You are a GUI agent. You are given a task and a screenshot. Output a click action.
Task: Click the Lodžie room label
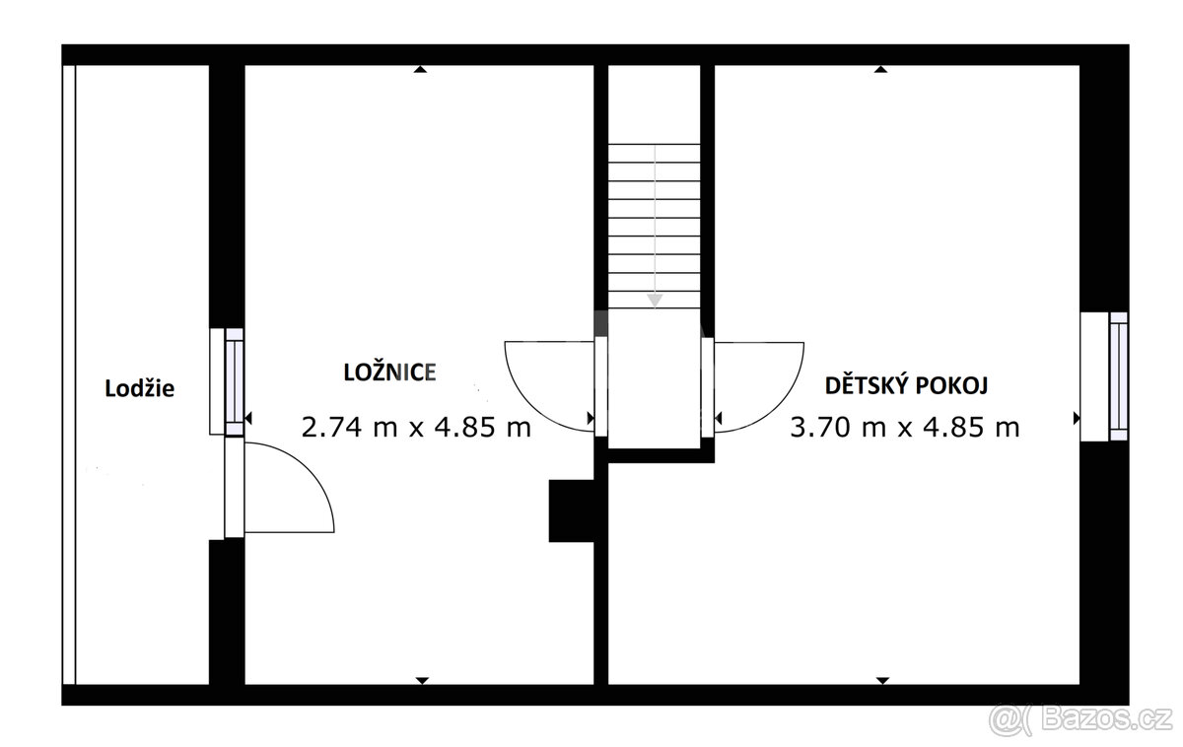tap(140, 388)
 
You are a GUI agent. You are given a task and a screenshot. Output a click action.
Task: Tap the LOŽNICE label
tap(389, 372)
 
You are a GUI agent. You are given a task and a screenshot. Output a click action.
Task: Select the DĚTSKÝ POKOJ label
tap(906, 384)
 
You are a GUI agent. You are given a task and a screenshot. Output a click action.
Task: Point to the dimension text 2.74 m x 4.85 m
tap(415, 427)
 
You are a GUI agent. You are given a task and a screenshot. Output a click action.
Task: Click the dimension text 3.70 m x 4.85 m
tap(904, 427)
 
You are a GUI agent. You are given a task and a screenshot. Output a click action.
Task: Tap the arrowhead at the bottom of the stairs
tap(654, 300)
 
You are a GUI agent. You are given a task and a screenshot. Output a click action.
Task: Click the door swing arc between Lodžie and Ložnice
tap(296, 488)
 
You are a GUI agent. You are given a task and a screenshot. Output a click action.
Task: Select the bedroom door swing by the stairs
tap(547, 384)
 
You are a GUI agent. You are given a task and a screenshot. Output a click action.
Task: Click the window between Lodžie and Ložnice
tap(234, 381)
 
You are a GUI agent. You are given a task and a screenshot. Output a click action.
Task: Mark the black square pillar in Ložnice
tap(571, 509)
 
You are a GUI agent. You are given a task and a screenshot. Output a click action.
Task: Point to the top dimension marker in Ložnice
tap(421, 69)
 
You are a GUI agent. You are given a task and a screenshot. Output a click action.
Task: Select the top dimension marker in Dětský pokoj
tap(880, 69)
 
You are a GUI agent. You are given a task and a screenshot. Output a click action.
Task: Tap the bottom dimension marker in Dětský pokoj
tap(882, 680)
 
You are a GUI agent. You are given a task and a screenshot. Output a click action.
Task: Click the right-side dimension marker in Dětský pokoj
tap(1076, 419)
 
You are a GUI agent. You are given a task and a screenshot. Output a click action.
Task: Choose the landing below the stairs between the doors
tap(654, 379)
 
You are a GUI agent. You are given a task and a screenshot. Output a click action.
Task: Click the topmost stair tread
tap(654, 154)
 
